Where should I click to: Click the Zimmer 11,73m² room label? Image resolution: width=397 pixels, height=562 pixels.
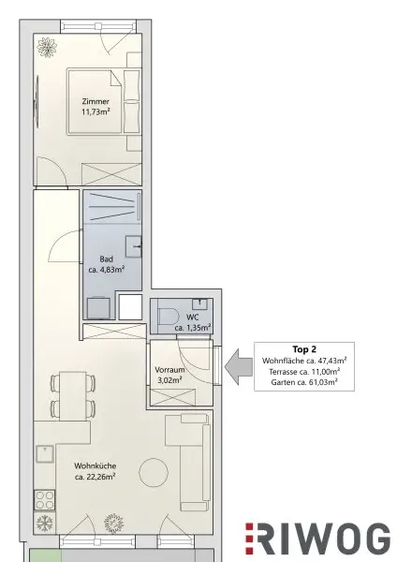[96, 107]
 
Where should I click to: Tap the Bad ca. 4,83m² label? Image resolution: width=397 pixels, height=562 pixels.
[107, 264]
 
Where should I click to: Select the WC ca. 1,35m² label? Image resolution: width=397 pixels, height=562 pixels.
[192, 322]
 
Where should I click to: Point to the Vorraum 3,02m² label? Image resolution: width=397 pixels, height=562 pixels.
[169, 375]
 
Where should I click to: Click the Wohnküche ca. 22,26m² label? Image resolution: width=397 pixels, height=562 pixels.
[95, 471]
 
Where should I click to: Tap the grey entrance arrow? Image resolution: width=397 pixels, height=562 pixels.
[238, 366]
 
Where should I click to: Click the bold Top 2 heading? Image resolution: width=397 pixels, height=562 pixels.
[304, 349]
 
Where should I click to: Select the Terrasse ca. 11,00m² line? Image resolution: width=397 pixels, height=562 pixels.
[304, 371]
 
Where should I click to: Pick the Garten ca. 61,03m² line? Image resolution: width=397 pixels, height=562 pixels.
[304, 382]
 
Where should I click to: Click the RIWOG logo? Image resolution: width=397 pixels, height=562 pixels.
[317, 540]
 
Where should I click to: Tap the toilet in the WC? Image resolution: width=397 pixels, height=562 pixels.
[169, 317]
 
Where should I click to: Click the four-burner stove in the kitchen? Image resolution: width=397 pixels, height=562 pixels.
[45, 500]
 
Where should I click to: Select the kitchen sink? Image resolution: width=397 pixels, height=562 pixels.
[45, 454]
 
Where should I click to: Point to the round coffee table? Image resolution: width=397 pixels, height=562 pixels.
[154, 472]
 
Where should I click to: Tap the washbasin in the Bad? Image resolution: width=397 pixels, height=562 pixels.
[133, 245]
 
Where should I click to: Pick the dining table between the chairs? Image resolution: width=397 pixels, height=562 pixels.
[73, 396]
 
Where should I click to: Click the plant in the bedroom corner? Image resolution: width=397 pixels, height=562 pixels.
[47, 48]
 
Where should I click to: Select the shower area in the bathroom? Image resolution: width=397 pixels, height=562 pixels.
[112, 206]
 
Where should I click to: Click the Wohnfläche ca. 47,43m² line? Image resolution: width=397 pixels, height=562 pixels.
[304, 361]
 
